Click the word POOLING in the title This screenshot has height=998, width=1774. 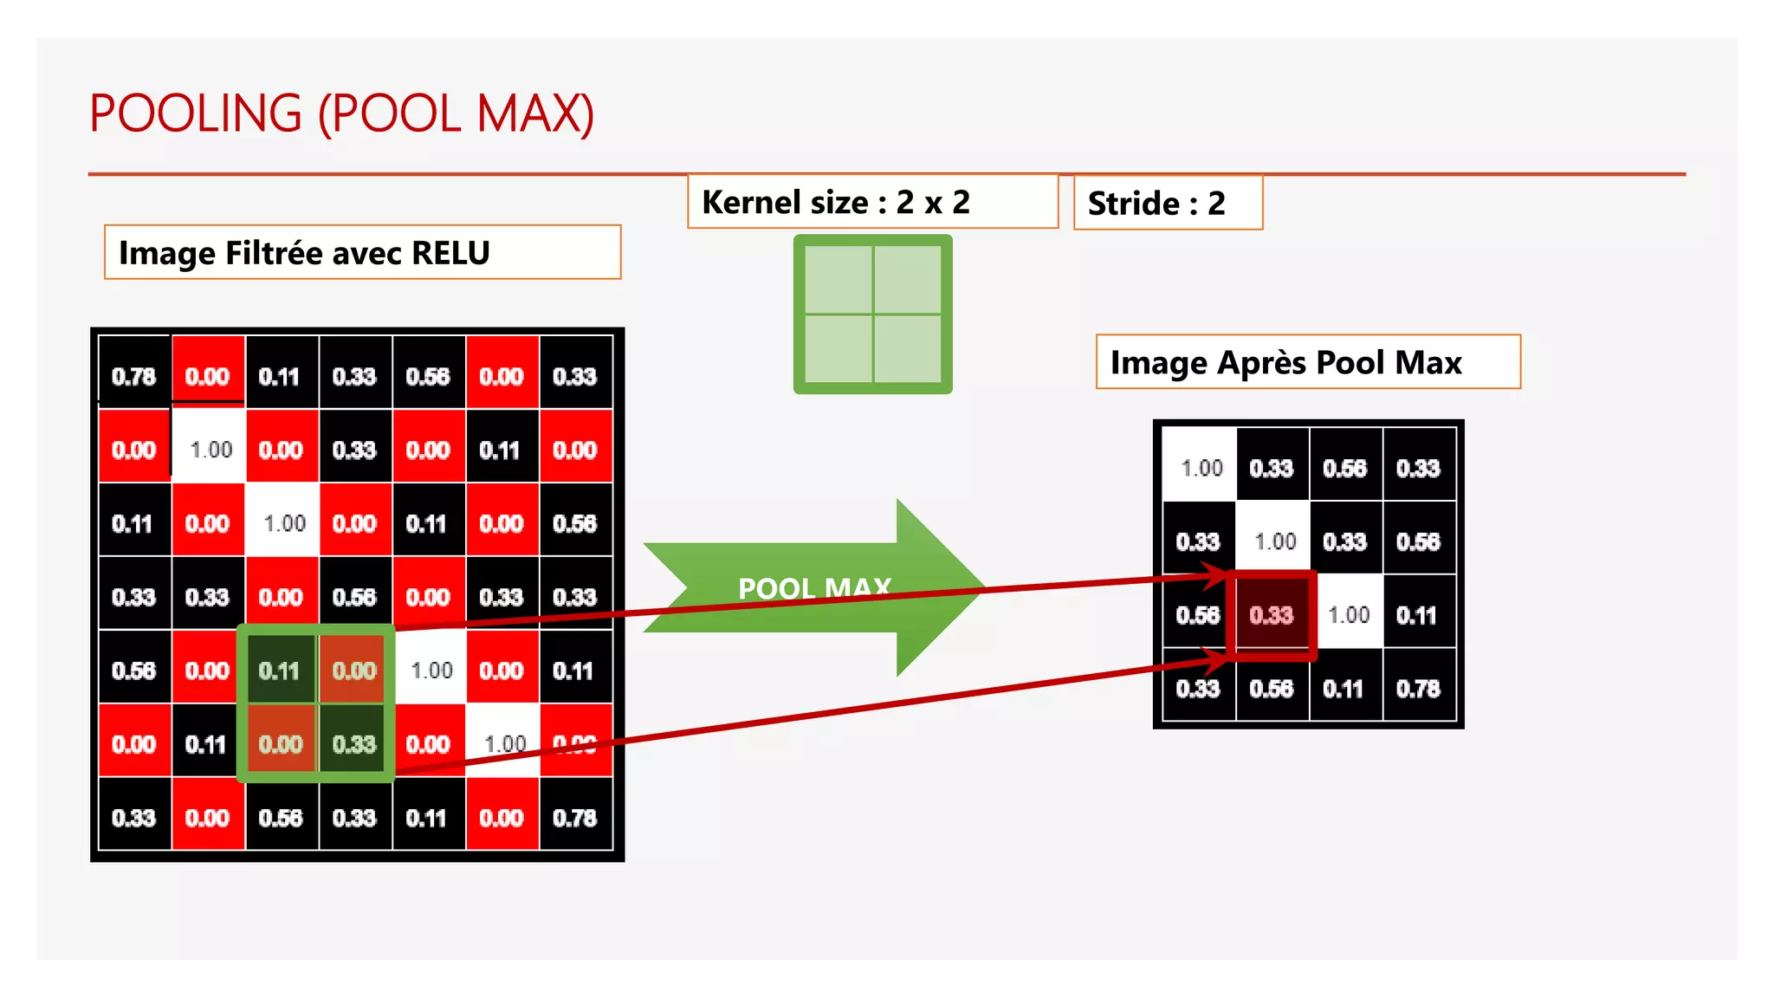[x=196, y=113]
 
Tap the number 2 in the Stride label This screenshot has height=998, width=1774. [x=1216, y=204]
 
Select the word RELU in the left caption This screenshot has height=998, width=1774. [x=450, y=253]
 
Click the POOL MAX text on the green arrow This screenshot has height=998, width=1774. [x=813, y=588]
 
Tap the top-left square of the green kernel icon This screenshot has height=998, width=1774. [x=838, y=279]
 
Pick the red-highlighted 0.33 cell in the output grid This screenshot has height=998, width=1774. [x=1272, y=615]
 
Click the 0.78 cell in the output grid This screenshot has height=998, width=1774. [x=1419, y=689]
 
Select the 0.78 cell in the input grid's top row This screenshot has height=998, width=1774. [x=134, y=377]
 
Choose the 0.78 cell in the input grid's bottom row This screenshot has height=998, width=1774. [x=575, y=818]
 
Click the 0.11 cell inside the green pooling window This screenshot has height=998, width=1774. [x=280, y=671]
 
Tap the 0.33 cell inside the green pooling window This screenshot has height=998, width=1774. [x=354, y=744]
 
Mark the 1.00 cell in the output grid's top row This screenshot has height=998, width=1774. [x=1201, y=469]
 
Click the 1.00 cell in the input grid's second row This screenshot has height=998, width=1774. [x=210, y=450]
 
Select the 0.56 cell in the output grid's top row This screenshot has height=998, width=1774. [x=1345, y=469]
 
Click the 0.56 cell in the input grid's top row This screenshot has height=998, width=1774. [x=428, y=377]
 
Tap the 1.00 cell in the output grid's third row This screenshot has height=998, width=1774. [x=1348, y=615]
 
